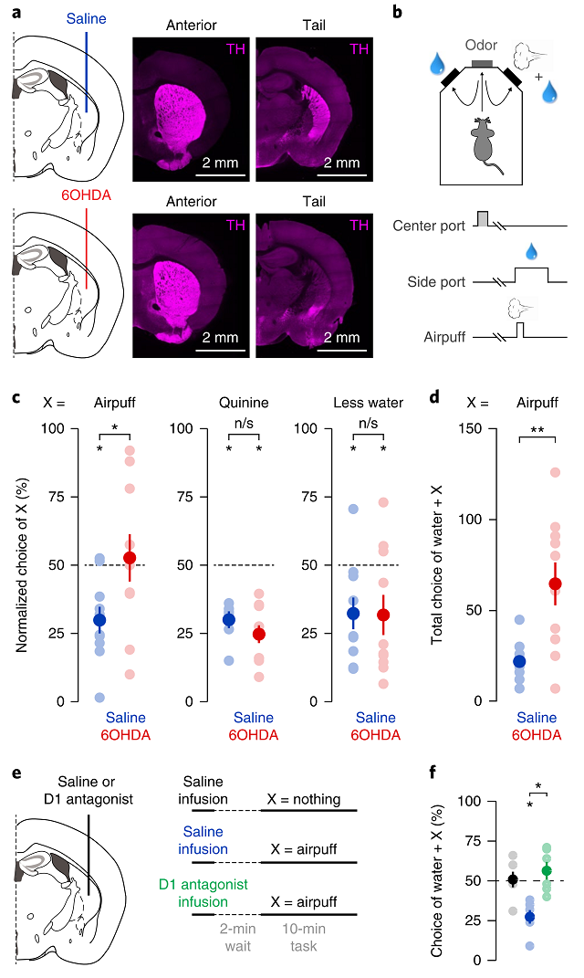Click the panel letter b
coord(397,12)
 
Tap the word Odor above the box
coord(481,44)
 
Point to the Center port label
coord(429,225)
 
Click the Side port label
coord(436,282)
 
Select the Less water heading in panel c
coord(373,403)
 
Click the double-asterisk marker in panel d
coord(537,426)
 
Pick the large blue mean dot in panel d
coord(519,661)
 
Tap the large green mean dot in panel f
coord(547,871)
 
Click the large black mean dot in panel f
coord(513,879)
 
